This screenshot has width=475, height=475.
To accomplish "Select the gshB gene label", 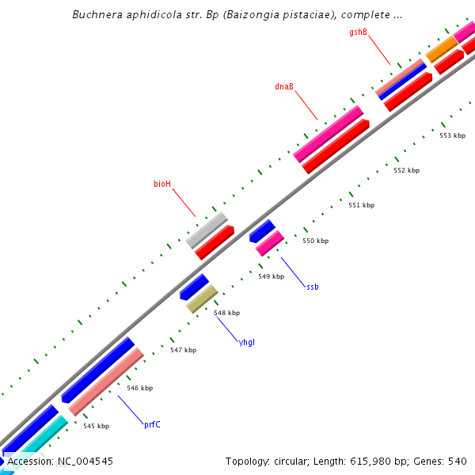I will (359, 32).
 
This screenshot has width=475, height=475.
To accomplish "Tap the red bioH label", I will (162, 184).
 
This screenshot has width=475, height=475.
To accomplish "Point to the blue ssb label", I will (313, 287).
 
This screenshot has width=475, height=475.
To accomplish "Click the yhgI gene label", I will (247, 342).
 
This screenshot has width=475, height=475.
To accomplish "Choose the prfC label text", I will (152, 424).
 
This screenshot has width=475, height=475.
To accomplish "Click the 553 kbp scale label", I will (452, 135).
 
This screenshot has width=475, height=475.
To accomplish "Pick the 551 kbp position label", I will (361, 205).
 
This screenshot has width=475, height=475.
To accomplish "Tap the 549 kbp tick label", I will (271, 276).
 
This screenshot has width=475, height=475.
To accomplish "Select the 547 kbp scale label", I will (183, 349).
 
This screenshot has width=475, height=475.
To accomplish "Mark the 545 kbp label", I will (97, 426).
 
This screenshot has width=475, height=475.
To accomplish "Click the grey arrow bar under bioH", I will (207, 230).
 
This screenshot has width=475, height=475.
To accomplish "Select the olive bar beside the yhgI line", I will (202, 298).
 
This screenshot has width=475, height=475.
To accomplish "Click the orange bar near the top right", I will (441, 49).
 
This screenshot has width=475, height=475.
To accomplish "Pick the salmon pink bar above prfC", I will (105, 382).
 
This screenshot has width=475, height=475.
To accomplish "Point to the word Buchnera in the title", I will (93, 14).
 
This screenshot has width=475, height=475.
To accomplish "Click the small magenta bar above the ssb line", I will (270, 242).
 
